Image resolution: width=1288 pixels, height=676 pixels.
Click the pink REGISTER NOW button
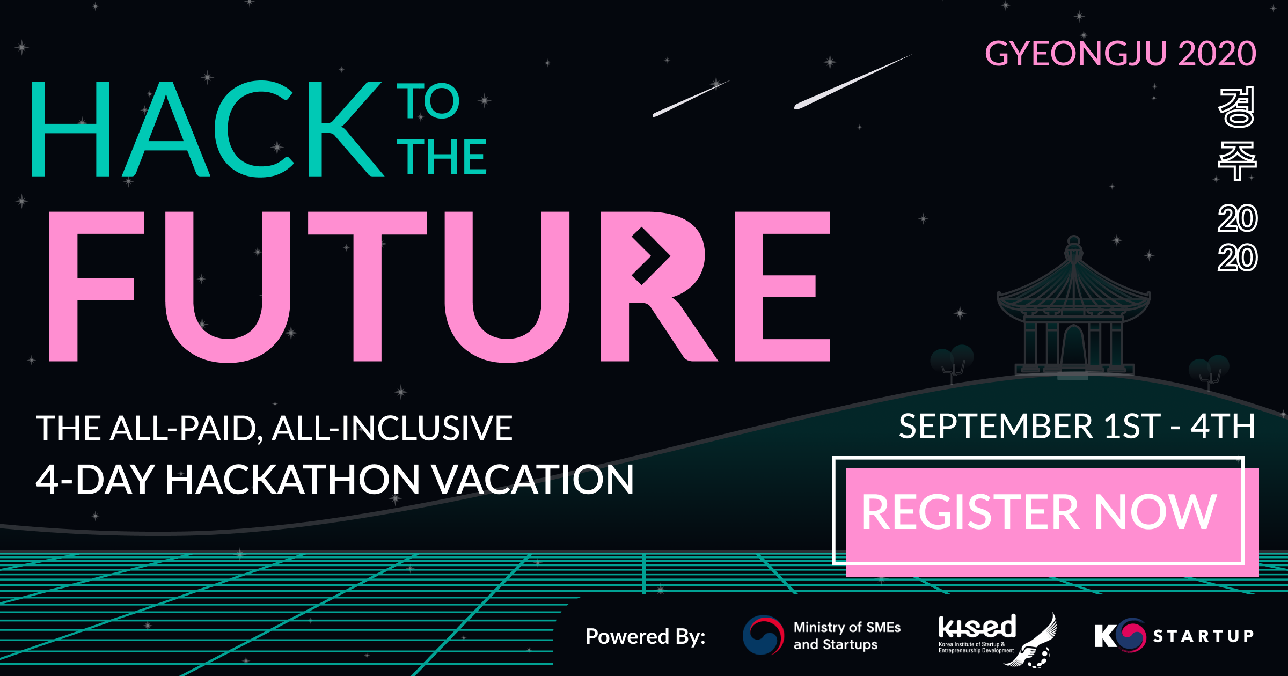click(x=1052, y=522)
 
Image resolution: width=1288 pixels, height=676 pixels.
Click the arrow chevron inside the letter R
click(x=650, y=256)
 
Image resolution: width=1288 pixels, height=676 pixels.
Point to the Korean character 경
click(x=1237, y=107)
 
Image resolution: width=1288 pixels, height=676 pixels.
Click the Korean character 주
click(x=1237, y=161)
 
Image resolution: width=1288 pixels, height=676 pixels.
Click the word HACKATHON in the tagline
click(x=292, y=480)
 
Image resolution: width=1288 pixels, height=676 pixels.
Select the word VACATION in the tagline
click(x=533, y=480)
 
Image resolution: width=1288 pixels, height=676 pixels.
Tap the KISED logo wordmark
click(x=977, y=627)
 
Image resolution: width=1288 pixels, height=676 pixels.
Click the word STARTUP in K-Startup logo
click(x=1204, y=636)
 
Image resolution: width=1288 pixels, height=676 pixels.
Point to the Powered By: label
click(x=645, y=637)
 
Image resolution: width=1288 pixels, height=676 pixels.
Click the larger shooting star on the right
click(x=853, y=82)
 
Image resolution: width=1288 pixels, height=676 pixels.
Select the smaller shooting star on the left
click(x=691, y=98)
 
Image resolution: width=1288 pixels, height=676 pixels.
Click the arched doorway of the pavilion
click(x=1074, y=346)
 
